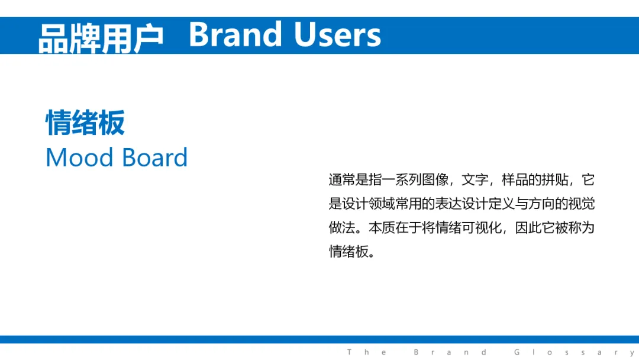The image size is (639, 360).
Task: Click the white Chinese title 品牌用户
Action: [x=101, y=38]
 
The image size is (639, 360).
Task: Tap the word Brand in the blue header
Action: [x=235, y=34]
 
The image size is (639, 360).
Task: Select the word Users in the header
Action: [x=337, y=35]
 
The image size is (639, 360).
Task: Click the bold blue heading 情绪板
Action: [x=85, y=123]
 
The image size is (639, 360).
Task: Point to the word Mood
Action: [x=79, y=157]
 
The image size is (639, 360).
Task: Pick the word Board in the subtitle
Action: [x=155, y=157]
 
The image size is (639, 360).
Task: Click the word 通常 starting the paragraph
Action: [x=341, y=179]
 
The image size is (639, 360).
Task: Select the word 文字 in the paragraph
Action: [x=475, y=179]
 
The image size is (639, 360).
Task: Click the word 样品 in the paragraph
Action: [x=515, y=179]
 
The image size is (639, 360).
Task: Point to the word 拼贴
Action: [x=555, y=179]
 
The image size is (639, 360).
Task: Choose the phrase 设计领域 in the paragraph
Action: [x=368, y=204]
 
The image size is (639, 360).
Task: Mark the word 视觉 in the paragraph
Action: [x=582, y=204]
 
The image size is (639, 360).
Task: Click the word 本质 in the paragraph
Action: [x=382, y=227]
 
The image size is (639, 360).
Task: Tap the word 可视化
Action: [x=482, y=227]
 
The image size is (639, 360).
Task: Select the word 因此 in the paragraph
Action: [x=528, y=227]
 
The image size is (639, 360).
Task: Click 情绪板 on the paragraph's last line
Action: [x=348, y=252]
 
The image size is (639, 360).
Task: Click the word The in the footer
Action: [x=367, y=352]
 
